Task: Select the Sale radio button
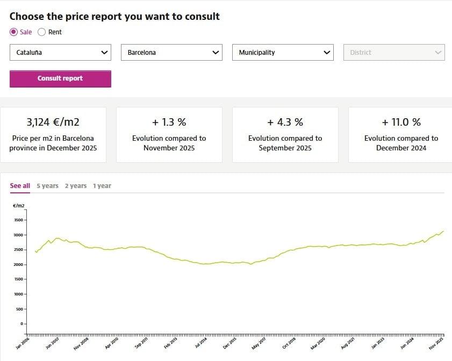(x=14, y=32)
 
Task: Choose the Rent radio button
(x=42, y=32)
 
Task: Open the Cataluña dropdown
(x=60, y=53)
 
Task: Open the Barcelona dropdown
(x=171, y=53)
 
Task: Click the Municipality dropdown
(x=283, y=53)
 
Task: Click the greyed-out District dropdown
(x=394, y=53)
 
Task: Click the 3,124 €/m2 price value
(x=53, y=122)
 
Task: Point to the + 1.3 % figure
(x=169, y=122)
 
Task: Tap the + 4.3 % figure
(x=285, y=122)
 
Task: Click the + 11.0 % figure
(x=401, y=122)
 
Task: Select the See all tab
(x=20, y=186)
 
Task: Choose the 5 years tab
(x=47, y=186)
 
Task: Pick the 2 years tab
(x=76, y=186)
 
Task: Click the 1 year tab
(x=102, y=186)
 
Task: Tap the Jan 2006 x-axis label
(x=23, y=344)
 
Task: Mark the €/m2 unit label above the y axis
(x=18, y=206)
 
